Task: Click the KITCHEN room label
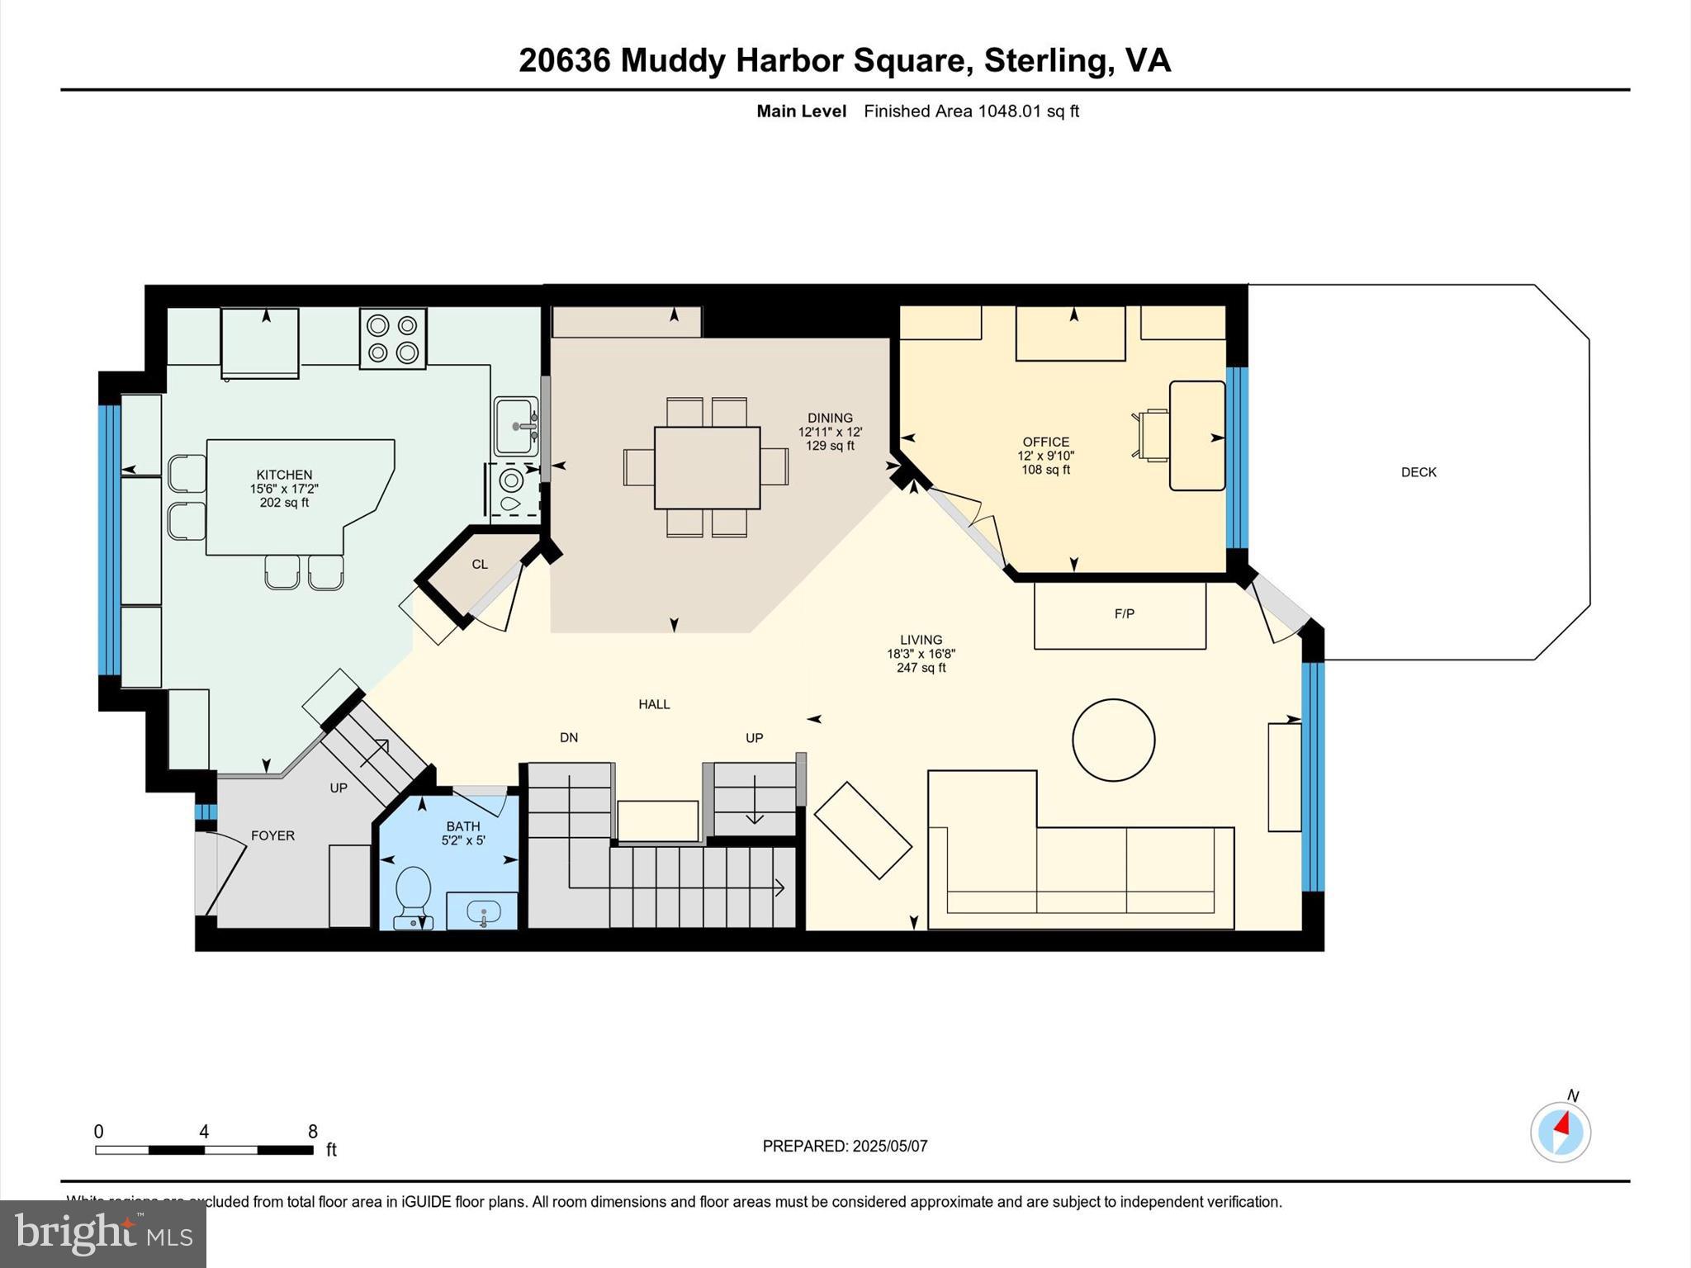(x=284, y=475)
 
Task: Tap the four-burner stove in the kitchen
(x=393, y=338)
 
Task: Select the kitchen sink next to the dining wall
(x=515, y=426)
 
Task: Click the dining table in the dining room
(x=707, y=467)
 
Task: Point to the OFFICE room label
(x=1045, y=442)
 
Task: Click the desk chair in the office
(x=1151, y=434)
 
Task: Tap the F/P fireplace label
(x=1124, y=613)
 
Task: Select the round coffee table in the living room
(x=1113, y=740)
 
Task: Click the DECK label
(x=1419, y=472)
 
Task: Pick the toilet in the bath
(x=413, y=895)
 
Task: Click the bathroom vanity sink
(x=483, y=912)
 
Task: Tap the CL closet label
(x=480, y=565)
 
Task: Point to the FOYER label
(x=272, y=835)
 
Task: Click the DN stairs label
(x=569, y=737)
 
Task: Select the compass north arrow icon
(x=1561, y=1132)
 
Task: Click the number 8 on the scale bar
(x=313, y=1131)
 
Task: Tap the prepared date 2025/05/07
(x=890, y=1146)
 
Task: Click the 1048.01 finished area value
(x=1010, y=111)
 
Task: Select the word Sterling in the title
(x=1044, y=60)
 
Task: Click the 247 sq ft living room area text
(x=921, y=668)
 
